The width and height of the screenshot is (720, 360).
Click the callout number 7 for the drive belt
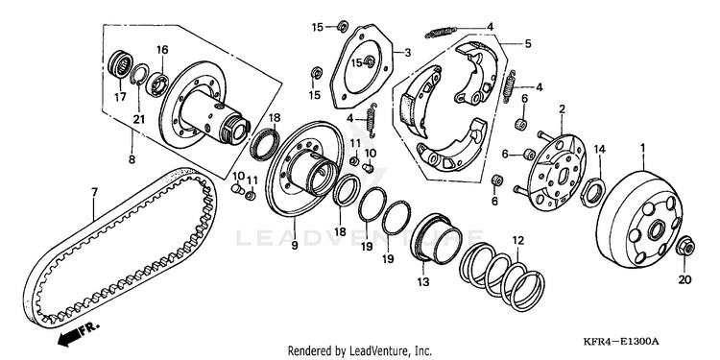94,193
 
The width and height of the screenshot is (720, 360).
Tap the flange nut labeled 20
685,248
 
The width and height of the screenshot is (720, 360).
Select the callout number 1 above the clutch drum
643,148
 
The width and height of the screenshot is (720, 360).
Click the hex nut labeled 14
593,190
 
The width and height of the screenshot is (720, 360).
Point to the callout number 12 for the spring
517,240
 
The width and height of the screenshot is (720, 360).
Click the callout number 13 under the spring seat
422,280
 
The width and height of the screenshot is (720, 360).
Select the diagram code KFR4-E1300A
620,342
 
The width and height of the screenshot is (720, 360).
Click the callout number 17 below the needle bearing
120,97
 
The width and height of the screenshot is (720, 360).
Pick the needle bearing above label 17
121,63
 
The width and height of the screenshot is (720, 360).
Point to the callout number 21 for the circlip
138,119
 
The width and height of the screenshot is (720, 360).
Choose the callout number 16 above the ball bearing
162,50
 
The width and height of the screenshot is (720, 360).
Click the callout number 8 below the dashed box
132,160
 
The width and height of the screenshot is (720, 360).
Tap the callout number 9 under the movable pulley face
295,246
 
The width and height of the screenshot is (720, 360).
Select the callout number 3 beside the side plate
407,53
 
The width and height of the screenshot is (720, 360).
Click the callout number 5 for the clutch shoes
528,44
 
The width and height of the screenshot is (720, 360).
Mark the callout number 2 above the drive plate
562,109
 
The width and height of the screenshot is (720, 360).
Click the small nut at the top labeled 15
342,27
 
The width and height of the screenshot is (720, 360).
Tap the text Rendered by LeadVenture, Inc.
360,350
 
